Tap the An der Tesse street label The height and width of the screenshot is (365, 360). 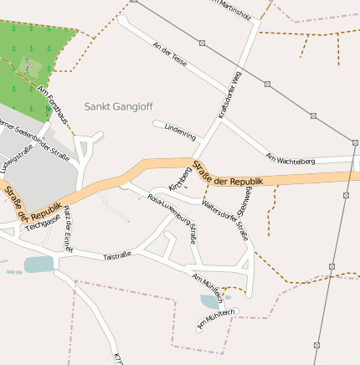170,54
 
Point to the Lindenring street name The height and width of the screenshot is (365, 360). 180,132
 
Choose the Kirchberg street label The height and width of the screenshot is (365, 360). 180,177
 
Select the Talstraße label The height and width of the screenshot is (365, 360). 118,256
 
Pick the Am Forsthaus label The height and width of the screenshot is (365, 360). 52,105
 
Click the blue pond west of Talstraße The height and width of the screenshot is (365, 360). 39,265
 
